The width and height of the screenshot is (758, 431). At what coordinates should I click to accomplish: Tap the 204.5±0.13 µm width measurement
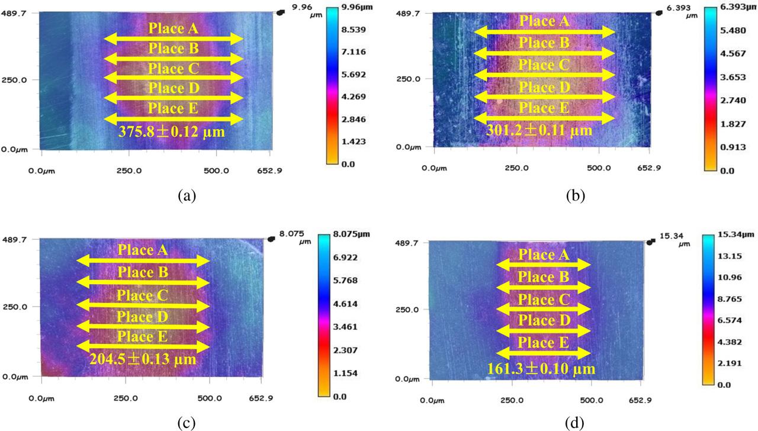click(x=143, y=359)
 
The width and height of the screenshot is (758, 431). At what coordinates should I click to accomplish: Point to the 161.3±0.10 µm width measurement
click(x=541, y=368)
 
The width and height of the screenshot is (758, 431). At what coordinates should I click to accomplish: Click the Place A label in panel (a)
click(x=174, y=28)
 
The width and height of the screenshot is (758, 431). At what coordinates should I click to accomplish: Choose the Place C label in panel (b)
click(x=544, y=65)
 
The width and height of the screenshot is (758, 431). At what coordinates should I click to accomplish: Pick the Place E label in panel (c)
click(x=143, y=337)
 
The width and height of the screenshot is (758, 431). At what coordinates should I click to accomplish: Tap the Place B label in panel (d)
click(x=544, y=276)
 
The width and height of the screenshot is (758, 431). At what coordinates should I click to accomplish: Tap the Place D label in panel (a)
click(x=174, y=88)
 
